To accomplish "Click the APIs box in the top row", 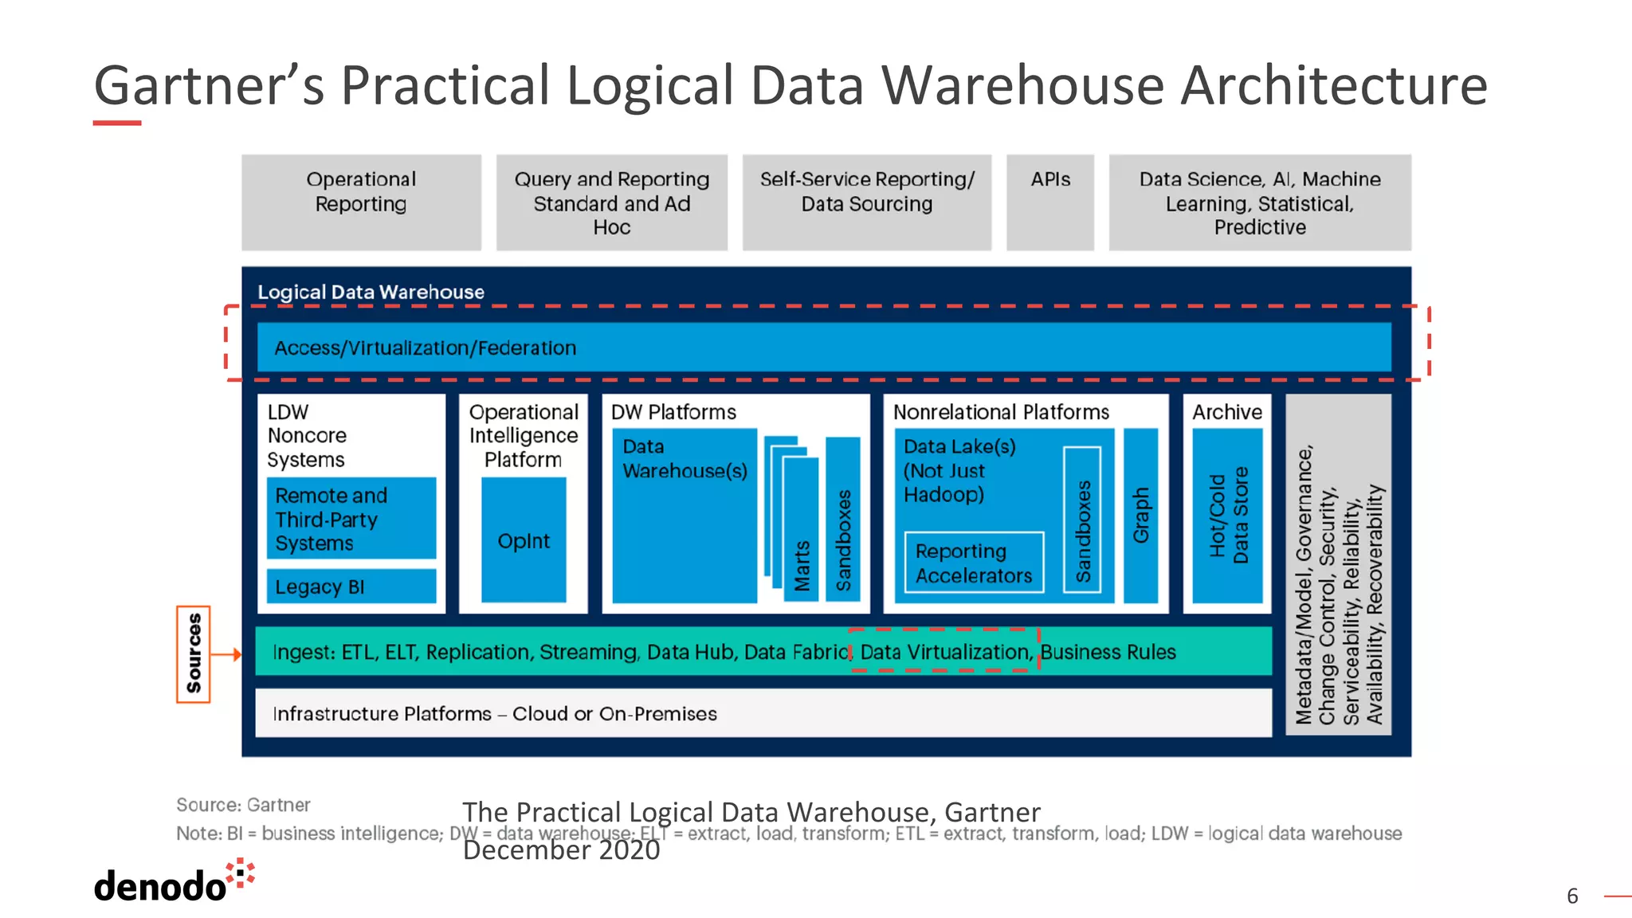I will click(x=1049, y=202).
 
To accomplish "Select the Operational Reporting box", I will click(x=361, y=202).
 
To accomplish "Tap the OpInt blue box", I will click(x=524, y=540).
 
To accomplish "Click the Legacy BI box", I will click(x=351, y=586).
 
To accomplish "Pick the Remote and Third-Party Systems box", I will click(x=351, y=519).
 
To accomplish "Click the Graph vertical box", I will click(x=1140, y=516).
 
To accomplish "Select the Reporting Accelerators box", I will click(x=974, y=563).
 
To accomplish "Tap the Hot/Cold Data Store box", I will click(x=1227, y=516).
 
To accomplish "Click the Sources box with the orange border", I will click(x=194, y=653).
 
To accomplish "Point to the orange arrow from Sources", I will click(x=227, y=654).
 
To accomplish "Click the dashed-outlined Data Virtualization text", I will click(x=944, y=651).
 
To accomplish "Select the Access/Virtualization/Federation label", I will click(x=425, y=348).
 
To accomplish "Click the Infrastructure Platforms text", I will click(x=494, y=713).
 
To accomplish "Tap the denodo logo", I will click(x=171, y=882).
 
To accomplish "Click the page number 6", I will click(x=1572, y=896).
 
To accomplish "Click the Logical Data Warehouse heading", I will click(x=371, y=292).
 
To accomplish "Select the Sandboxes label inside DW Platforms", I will click(x=843, y=539).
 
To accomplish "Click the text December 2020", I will click(x=561, y=850).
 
